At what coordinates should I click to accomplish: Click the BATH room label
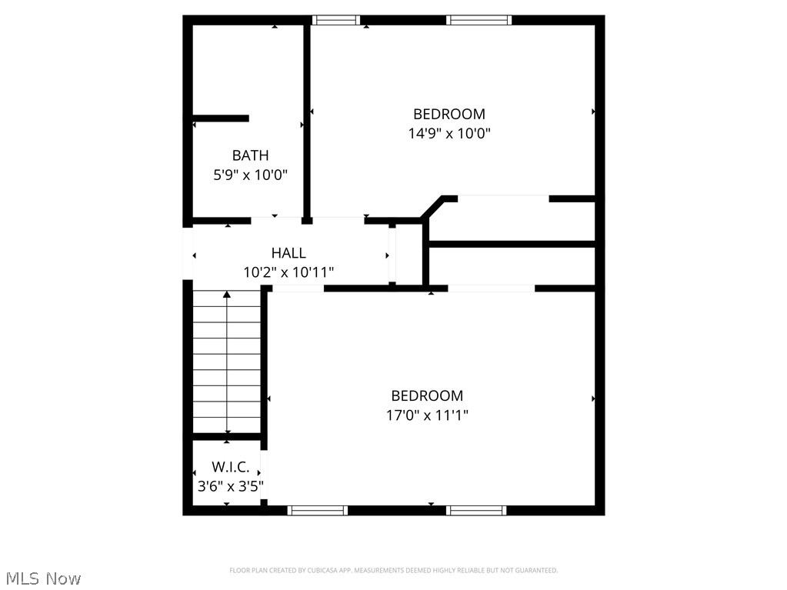(250, 155)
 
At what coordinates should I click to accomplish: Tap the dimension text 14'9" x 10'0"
(449, 133)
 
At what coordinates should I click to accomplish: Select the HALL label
(288, 252)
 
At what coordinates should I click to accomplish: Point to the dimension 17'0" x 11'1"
(427, 415)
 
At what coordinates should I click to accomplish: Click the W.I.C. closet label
(230, 467)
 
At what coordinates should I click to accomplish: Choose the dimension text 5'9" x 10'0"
(250, 175)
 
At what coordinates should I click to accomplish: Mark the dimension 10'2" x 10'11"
(288, 272)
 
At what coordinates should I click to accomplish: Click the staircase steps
(226, 362)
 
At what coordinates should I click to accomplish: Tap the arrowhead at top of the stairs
(227, 295)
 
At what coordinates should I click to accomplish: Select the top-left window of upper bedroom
(336, 20)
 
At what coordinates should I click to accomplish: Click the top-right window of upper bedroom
(479, 20)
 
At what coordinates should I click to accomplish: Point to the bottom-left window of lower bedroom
(317, 510)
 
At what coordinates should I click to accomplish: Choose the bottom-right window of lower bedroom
(476, 510)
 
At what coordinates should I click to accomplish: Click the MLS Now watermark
(43, 578)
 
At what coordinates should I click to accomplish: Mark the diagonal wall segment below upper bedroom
(432, 208)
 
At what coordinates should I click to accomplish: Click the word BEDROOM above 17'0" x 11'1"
(427, 395)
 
